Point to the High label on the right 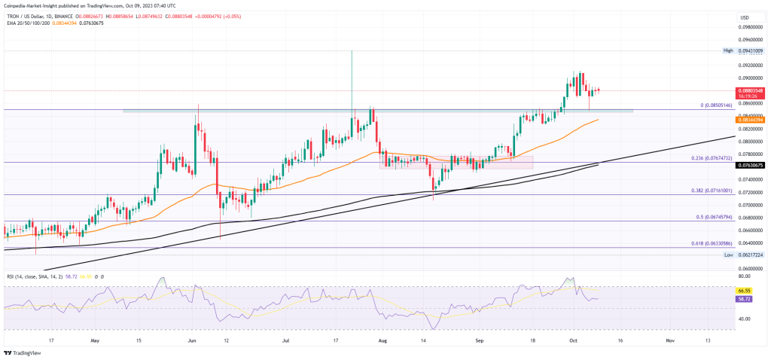click(x=727, y=50)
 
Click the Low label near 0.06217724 click(x=728, y=255)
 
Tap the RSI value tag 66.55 click(x=744, y=288)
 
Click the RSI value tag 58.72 click(x=744, y=298)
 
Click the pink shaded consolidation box click(x=456, y=162)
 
